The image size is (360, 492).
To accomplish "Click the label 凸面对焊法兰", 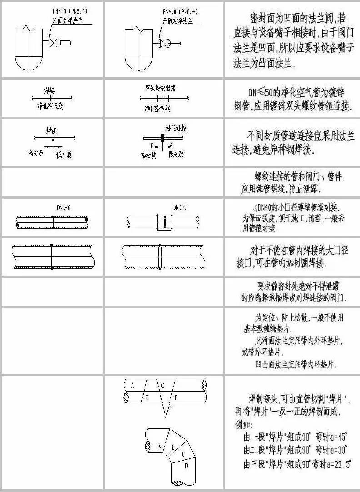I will coord(177,20).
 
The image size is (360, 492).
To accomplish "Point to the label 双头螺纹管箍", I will coord(161,88).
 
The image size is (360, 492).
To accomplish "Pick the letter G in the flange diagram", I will coord(171,143).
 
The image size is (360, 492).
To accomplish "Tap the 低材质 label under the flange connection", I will coord(175,155).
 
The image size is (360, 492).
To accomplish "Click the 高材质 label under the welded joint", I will coord(35,154).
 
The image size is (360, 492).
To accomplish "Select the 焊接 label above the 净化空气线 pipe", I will coord(50,90).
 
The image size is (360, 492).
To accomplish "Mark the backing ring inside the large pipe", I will coord(160,258).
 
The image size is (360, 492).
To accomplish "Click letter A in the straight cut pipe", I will coord(132,386).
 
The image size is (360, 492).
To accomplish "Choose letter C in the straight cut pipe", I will coord(162,386).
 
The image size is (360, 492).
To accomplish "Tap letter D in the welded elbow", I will coord(186,466).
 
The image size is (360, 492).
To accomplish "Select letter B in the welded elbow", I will coord(173,447).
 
